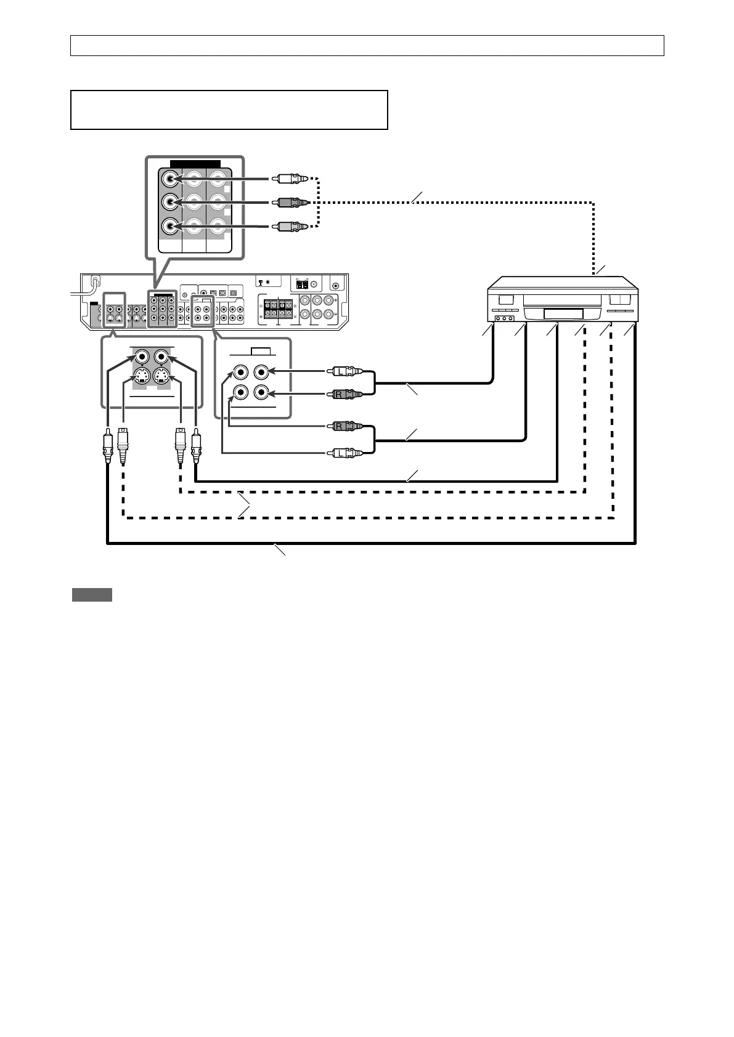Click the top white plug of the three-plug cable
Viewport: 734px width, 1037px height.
tap(289, 179)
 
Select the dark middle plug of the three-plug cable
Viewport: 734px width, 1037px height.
tap(289, 202)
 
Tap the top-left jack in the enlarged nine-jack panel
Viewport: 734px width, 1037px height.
tap(171, 179)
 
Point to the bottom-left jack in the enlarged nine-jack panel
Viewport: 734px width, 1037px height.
tap(171, 226)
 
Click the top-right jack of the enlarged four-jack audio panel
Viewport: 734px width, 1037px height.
tap(261, 372)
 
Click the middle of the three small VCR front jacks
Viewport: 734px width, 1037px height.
tap(505, 319)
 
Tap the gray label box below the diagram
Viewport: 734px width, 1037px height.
tap(92, 594)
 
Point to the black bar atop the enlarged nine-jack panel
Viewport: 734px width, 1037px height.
tap(195, 163)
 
